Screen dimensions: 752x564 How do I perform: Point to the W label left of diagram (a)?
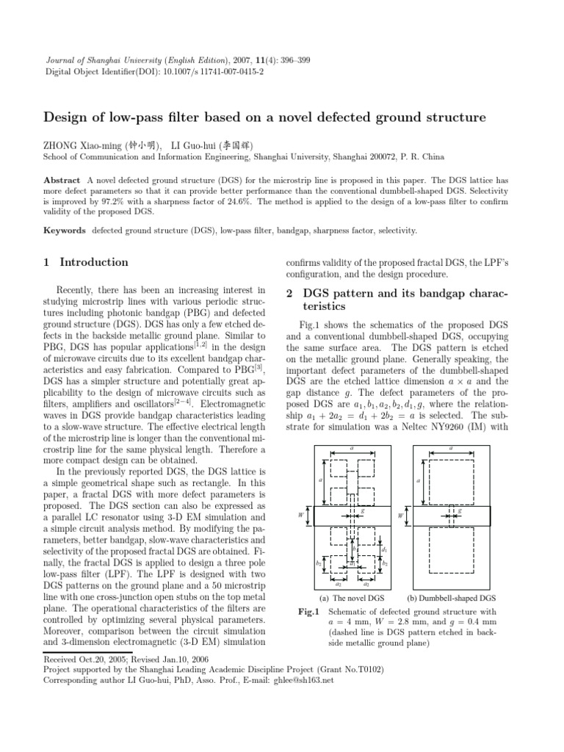tap(300, 516)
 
